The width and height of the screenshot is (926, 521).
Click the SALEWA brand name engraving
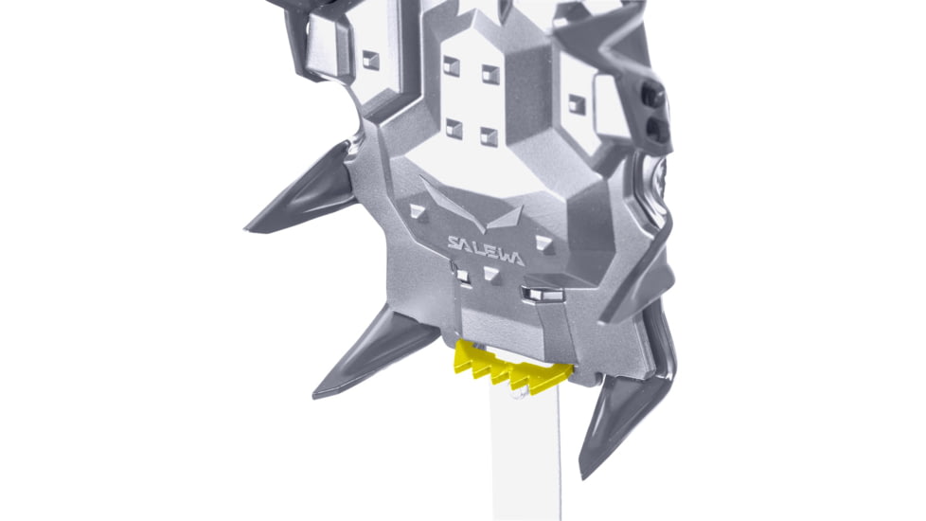click(x=486, y=250)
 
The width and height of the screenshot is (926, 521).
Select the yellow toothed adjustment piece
click(x=512, y=367)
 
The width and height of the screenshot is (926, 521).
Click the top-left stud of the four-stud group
click(x=452, y=65)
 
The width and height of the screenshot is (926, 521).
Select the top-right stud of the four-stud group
click(x=490, y=74)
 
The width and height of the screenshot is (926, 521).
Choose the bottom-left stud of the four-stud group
click(x=454, y=128)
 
